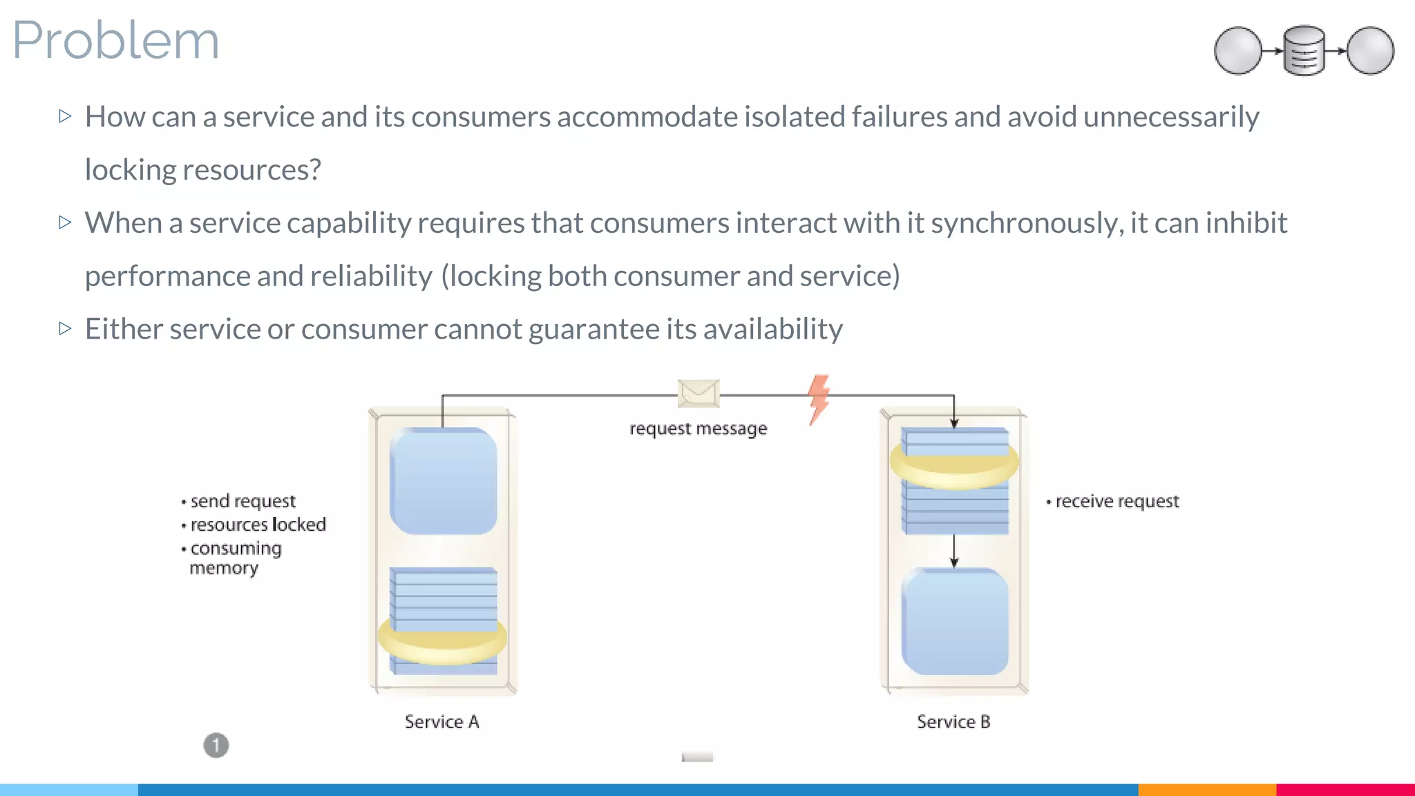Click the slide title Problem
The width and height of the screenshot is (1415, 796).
coord(115,40)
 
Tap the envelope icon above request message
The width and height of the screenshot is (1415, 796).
coord(698,393)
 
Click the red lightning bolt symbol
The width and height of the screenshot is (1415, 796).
coord(819,399)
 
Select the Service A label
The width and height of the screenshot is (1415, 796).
coord(441,721)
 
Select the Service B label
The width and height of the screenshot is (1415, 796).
coord(953,721)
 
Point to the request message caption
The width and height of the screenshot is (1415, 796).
coord(698,428)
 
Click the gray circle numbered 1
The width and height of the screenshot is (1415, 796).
coord(216,746)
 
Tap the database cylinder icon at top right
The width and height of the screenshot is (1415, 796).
coord(1304,50)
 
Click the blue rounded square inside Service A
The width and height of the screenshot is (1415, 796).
coord(443,481)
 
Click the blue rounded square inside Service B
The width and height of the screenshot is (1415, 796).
coord(954,621)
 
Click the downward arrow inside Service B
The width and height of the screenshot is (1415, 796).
coord(954,551)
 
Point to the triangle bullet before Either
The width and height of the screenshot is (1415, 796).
coord(66,328)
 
